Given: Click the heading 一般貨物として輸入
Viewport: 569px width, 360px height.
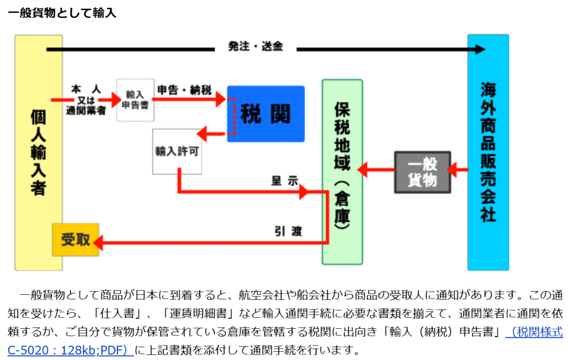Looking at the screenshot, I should pos(62,12).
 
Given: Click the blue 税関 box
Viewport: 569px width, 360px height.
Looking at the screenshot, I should pos(265,114).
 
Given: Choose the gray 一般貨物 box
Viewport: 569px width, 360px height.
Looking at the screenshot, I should pos(422,172).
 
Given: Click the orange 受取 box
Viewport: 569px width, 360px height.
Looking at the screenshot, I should pos(76,240).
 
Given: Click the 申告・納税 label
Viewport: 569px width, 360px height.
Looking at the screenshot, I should pos(184,90).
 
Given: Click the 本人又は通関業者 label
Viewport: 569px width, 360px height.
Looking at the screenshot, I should pos(86,100).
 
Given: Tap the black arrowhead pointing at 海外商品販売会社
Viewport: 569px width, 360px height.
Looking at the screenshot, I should pos(478,50).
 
